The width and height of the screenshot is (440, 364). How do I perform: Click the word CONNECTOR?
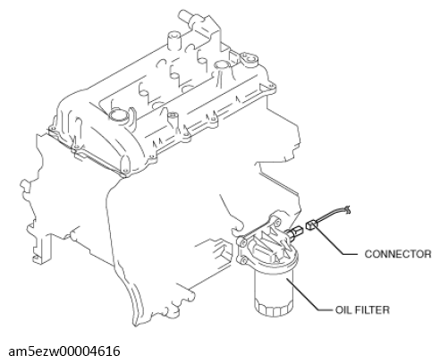click(398, 254)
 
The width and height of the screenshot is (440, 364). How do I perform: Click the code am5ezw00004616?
click(64, 351)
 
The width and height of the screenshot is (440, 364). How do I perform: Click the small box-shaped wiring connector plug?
click(311, 224)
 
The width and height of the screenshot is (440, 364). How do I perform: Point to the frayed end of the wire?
click(346, 209)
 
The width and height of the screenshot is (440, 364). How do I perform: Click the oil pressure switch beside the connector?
click(295, 232)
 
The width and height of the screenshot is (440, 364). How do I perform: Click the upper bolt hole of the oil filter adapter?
click(277, 222)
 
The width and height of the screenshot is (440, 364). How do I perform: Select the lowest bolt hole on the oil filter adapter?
click(244, 260)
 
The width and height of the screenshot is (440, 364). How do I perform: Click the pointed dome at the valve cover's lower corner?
click(125, 164)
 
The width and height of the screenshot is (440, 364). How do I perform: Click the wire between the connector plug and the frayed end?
click(330, 216)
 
